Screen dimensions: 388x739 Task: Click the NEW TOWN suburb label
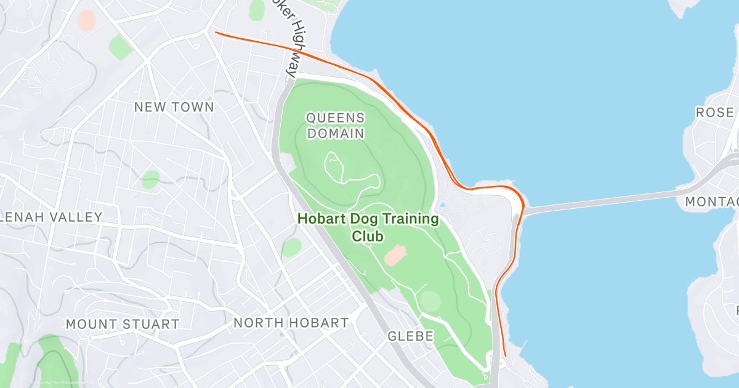(x=174, y=107)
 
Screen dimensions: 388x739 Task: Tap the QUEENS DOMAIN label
(x=336, y=125)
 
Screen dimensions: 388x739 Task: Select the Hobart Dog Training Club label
(x=368, y=227)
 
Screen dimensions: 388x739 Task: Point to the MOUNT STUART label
(x=123, y=324)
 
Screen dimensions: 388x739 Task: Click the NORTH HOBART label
(x=291, y=323)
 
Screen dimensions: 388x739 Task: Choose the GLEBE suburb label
(x=411, y=336)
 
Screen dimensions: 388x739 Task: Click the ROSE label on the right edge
(x=715, y=113)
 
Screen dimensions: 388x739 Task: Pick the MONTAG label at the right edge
(x=712, y=202)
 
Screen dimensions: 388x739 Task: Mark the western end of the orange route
(x=216, y=33)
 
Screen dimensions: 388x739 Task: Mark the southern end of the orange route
(x=505, y=355)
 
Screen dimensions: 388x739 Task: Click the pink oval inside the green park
(x=395, y=254)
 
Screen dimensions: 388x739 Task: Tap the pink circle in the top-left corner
(x=87, y=19)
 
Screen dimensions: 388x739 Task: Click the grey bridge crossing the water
(x=604, y=201)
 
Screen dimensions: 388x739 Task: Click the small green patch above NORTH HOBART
(x=292, y=248)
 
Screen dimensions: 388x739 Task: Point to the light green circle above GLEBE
(x=430, y=301)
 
